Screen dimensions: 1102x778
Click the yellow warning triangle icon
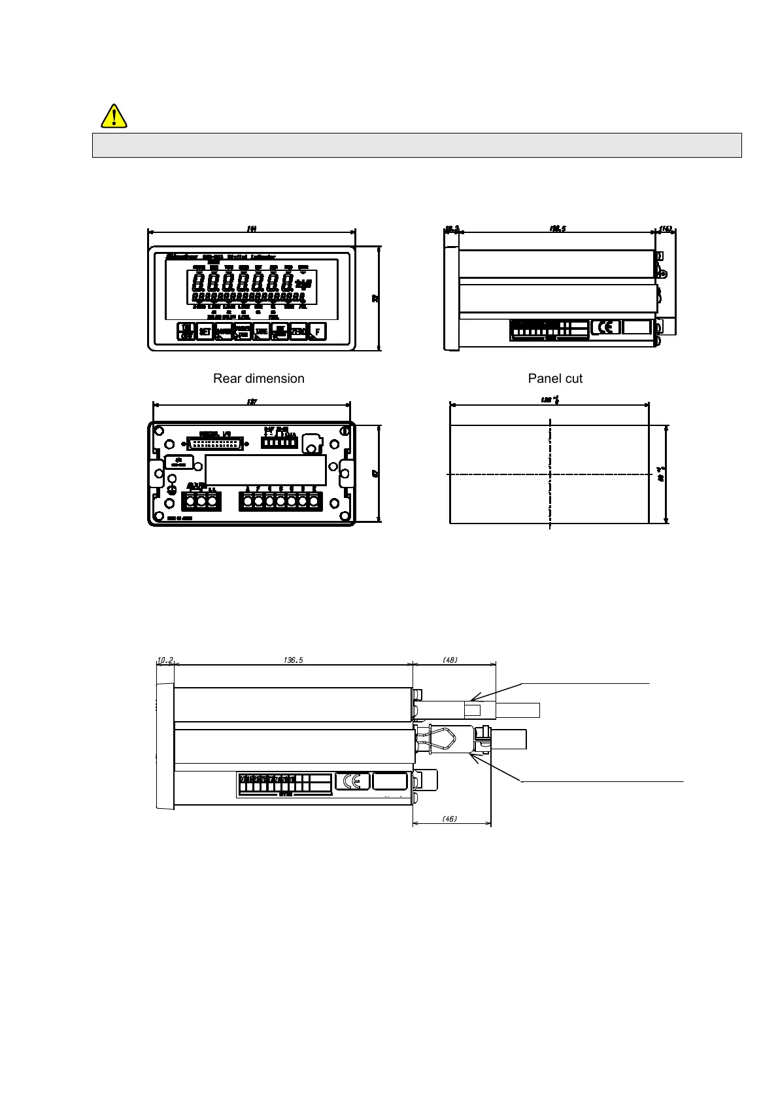click(114, 116)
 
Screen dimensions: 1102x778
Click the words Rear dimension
click(258, 378)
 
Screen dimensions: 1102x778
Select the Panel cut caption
click(555, 378)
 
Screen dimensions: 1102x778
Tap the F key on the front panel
click(317, 332)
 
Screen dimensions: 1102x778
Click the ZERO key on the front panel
click(298, 332)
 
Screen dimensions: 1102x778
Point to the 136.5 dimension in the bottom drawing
click(293, 660)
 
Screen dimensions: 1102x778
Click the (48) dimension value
click(450, 660)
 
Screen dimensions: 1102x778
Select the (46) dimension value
click(450, 819)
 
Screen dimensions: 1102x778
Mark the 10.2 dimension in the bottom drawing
click(165, 660)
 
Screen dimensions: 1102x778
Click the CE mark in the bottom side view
click(352, 781)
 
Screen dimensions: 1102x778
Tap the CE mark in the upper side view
click(605, 327)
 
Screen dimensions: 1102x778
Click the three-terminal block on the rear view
click(201, 501)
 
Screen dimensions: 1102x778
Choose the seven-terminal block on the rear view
click(280, 501)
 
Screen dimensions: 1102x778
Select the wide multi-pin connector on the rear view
click(215, 443)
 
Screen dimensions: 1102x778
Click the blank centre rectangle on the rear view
click(265, 470)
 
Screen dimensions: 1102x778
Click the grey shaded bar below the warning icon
click(416, 145)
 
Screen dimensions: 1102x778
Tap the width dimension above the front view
click(251, 228)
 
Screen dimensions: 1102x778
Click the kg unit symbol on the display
click(304, 284)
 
